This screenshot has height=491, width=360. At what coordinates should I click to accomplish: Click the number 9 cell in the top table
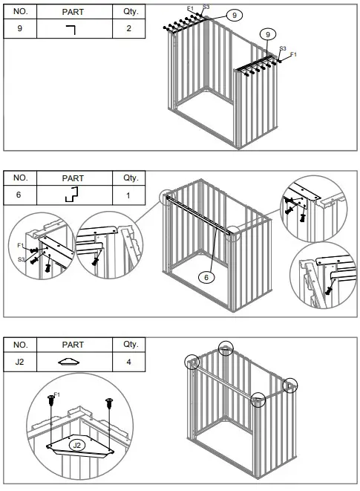pos(21,28)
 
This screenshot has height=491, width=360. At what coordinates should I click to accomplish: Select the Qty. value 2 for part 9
pos(129,28)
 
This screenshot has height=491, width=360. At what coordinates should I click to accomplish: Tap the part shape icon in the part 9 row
pos(72,29)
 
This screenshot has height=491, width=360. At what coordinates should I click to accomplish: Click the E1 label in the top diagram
pos(191,8)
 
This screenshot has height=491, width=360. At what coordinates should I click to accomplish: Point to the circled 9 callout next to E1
pos(235,15)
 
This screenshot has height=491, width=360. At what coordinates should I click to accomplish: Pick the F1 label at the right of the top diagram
pos(293,55)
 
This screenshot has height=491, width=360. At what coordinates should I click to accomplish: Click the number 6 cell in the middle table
pos(21,195)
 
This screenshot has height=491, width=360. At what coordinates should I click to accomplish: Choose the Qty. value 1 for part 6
pos(129,195)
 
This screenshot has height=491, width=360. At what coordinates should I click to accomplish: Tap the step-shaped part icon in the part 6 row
pos(72,195)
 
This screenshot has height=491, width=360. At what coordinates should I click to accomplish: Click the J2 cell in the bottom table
pos(21,362)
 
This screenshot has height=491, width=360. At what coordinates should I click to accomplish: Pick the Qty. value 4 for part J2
pos(129,362)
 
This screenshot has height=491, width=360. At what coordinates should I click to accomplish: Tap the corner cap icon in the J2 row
pos(72,362)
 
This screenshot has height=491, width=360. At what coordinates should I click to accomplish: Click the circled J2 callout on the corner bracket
pos(77,444)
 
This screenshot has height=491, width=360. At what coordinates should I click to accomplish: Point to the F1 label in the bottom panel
pos(57,394)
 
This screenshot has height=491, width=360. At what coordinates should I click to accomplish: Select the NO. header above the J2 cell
pos(21,345)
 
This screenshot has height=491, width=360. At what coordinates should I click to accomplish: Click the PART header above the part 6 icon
pos(72,178)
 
